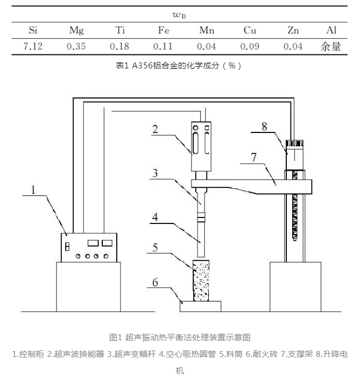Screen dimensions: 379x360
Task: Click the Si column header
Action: [32, 30]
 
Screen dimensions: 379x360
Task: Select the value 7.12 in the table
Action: [32, 46]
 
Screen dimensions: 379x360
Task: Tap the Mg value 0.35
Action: [76, 46]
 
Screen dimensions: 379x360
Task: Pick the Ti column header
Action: [119, 30]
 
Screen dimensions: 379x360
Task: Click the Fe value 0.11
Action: [163, 46]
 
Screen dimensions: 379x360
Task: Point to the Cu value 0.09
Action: [250, 46]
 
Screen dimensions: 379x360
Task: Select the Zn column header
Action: [293, 30]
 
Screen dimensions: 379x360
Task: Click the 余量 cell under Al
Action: [331, 46]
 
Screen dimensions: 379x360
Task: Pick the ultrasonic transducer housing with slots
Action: [202, 139]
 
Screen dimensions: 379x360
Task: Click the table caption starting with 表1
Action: [179, 66]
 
